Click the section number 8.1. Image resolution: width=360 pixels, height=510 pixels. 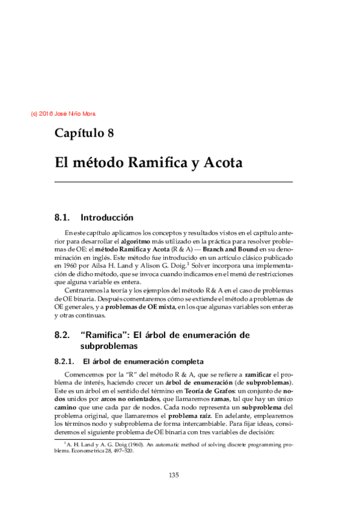(63, 217)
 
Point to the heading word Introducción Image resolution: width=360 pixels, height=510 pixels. (107, 217)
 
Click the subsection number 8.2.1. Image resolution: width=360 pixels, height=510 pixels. (64, 361)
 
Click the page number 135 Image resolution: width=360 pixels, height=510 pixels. (174, 475)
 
